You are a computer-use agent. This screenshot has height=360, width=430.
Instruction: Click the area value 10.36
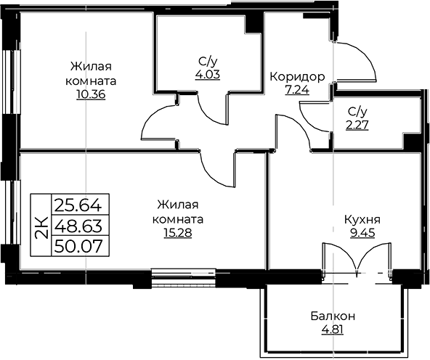[91, 95]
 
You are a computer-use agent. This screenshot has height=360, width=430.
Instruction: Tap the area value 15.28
[178, 233]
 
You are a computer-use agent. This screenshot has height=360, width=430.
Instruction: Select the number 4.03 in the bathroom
[208, 75]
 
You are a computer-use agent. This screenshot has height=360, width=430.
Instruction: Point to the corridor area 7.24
[297, 90]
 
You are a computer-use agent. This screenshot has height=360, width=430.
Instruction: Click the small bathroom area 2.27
[357, 126]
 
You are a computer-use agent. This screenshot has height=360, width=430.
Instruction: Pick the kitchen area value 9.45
[362, 233]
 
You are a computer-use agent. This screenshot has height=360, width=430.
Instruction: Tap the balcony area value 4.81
[333, 330]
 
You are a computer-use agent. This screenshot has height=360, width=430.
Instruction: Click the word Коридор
[297, 77]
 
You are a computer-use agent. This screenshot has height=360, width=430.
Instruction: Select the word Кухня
[362, 220]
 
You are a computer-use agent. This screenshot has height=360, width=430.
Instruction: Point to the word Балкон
[333, 316]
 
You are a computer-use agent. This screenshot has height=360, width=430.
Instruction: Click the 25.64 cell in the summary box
[80, 205]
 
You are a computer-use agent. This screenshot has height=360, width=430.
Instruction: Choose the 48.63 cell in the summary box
[80, 226]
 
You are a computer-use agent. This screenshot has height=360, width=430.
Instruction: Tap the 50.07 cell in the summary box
[80, 246]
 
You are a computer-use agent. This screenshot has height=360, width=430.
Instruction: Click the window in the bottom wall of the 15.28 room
[183, 277]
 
